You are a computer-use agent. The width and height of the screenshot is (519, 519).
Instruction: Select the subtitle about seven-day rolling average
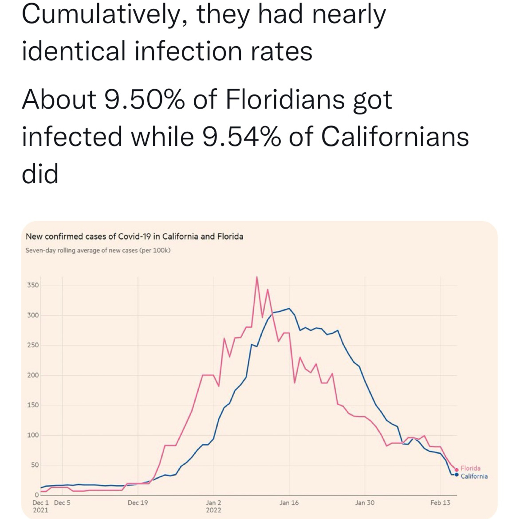click(x=98, y=250)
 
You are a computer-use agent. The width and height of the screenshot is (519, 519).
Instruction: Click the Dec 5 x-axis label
click(x=62, y=503)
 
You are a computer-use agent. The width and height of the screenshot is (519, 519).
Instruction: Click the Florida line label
click(x=470, y=468)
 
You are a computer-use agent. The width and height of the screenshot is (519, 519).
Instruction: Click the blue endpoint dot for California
click(x=456, y=475)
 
